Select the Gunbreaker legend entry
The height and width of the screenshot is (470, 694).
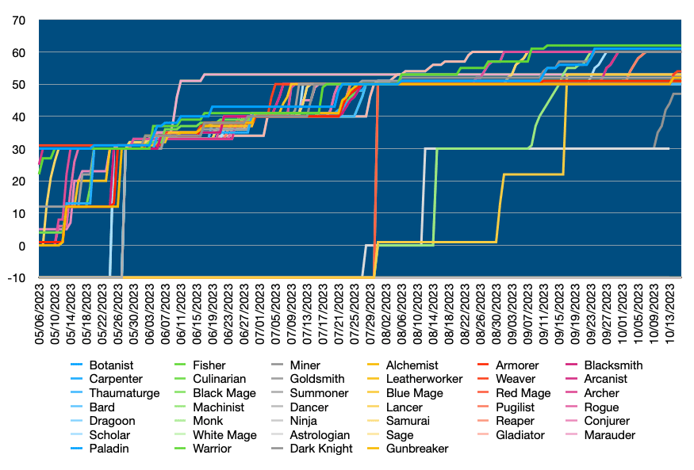pos(416,449)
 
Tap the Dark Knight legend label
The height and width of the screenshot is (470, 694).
pos(320,449)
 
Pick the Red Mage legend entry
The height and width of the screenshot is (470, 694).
pos(522,393)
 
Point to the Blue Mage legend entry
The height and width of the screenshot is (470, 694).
pos(414,393)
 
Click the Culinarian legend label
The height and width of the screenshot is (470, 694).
pos(218,380)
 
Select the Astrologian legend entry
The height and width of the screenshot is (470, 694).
pos(320,435)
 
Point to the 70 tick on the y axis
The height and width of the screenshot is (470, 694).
pos(18,20)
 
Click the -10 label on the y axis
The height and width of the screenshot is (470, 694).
pos(15,277)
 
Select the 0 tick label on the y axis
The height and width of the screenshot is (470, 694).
pos(21,245)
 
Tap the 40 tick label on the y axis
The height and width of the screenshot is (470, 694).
pos(18,117)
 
